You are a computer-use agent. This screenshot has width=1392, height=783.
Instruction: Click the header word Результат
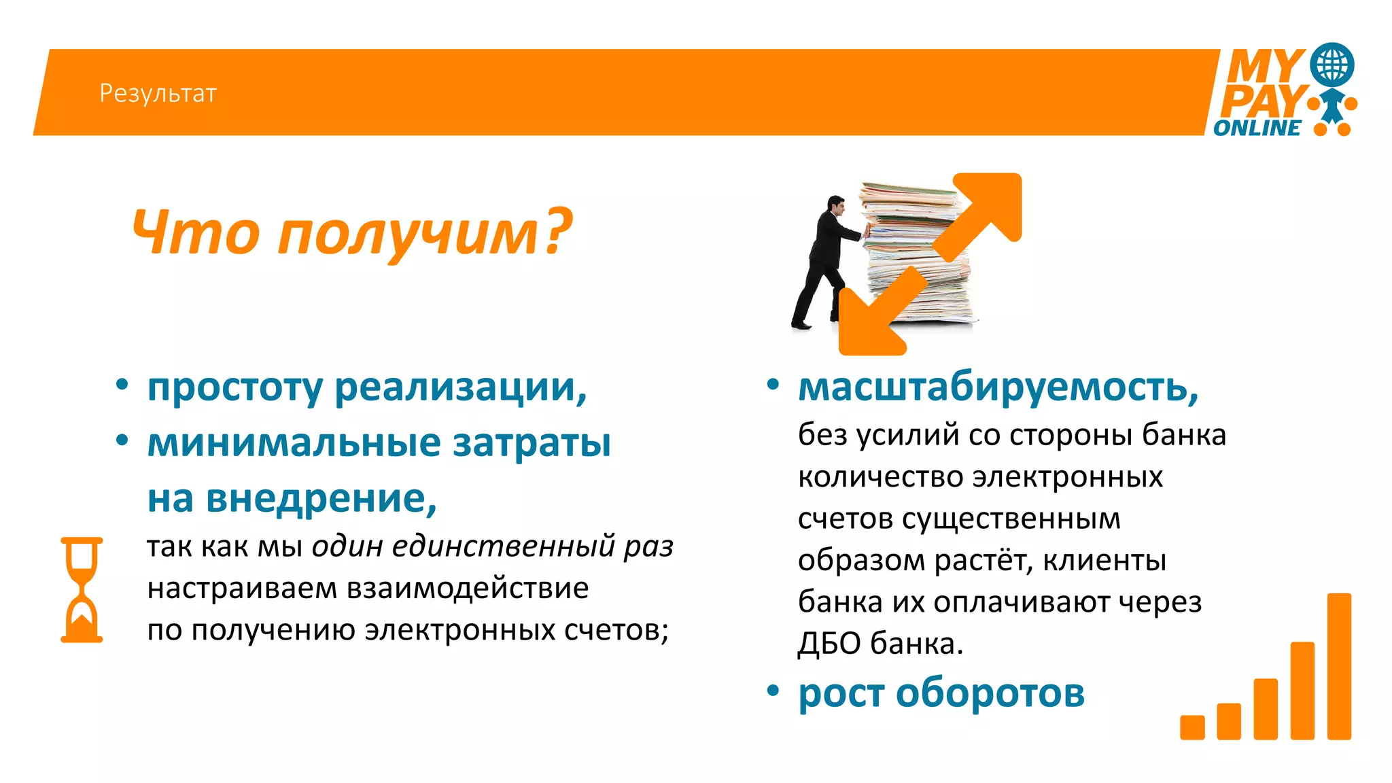pyautogui.click(x=158, y=93)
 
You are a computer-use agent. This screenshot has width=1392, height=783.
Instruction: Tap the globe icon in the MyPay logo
pyautogui.click(x=1332, y=65)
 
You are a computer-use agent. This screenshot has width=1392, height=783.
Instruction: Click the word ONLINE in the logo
pyautogui.click(x=1257, y=128)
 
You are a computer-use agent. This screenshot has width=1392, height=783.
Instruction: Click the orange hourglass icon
pyautogui.click(x=82, y=589)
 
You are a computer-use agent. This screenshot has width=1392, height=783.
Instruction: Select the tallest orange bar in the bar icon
pyautogui.click(x=1338, y=666)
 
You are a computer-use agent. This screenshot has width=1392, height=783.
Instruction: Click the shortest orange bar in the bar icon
pyautogui.click(x=1192, y=727)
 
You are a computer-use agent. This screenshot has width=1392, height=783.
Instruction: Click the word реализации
pyautogui.click(x=460, y=387)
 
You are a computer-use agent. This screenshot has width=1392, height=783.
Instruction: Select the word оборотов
pyautogui.click(x=990, y=693)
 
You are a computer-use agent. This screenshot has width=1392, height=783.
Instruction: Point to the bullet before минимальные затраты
pyautogui.click(x=122, y=440)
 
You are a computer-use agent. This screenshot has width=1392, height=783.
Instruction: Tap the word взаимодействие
pyautogui.click(x=468, y=588)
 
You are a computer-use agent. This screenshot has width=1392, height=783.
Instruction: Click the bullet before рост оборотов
pyautogui.click(x=773, y=691)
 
